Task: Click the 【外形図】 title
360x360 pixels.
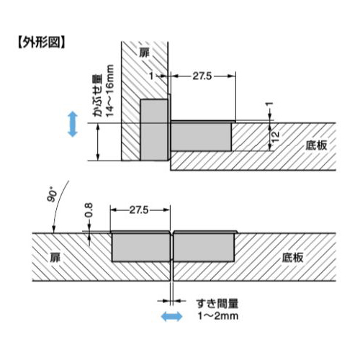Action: tap(41, 42)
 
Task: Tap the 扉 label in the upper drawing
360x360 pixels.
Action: tap(145, 53)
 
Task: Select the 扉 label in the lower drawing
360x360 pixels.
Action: tap(55, 258)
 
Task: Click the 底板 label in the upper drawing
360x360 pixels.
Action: tap(316, 145)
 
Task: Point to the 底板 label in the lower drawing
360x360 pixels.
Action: tap(292, 258)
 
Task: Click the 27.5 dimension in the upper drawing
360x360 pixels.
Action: tap(202, 76)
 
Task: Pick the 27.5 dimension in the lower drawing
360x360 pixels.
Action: tap(139, 210)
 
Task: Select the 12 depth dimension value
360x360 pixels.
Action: tap(275, 137)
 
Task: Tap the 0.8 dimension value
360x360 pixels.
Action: tap(89, 210)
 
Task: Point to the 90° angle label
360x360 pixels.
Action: tap(52, 194)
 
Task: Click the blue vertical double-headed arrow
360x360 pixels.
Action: tap(73, 124)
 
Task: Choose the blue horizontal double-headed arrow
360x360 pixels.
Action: tap(171, 316)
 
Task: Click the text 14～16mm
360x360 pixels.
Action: tap(109, 91)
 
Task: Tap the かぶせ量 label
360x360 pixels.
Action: tap(98, 96)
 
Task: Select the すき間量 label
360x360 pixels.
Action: tap(217, 304)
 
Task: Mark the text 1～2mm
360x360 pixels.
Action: tap(218, 316)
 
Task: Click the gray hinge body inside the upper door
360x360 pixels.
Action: tap(154, 130)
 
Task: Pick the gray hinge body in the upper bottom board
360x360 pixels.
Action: tap(201, 137)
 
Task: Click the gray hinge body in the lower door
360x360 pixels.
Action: tap(141, 248)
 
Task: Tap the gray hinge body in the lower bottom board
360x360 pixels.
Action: tap(204, 248)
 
